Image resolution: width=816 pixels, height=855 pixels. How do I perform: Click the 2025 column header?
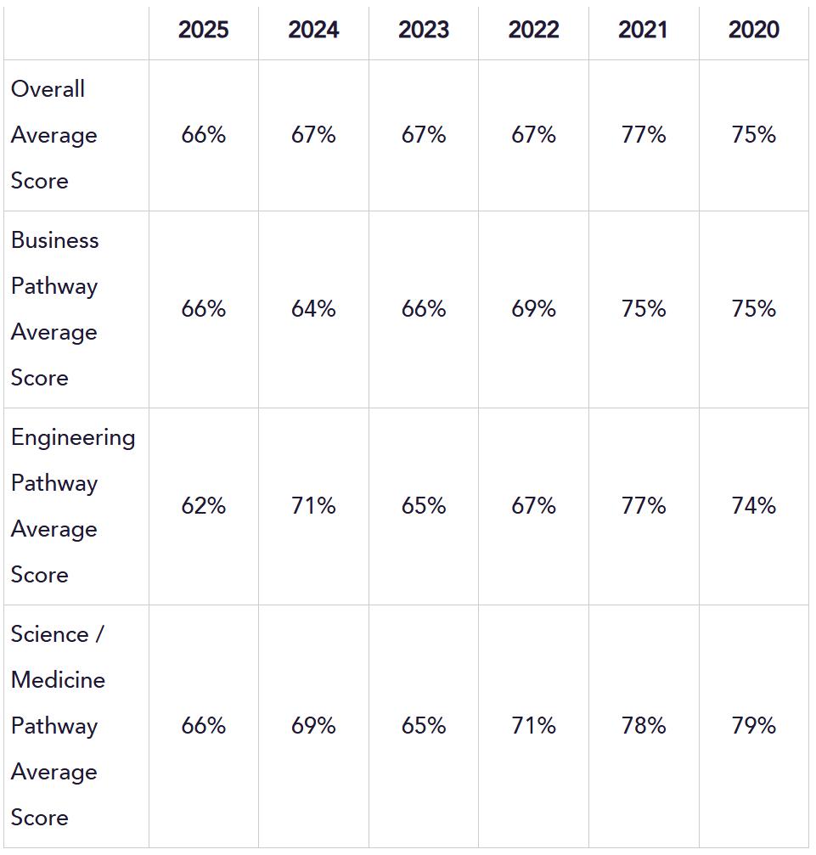[204, 30]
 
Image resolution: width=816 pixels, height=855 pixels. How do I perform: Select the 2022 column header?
[533, 30]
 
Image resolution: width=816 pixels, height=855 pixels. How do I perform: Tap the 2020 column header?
[754, 30]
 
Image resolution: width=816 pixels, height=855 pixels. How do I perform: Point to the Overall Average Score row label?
[54, 135]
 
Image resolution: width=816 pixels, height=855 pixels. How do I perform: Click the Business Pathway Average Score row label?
[54, 308]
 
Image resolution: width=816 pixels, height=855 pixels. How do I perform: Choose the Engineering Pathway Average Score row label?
[73, 505]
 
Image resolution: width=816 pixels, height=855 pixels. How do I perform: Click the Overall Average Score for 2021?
[644, 135]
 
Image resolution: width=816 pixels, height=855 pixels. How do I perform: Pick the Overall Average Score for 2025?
[204, 135]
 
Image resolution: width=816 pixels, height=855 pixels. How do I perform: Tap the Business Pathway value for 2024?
[313, 308]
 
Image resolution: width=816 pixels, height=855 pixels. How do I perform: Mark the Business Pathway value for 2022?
[533, 308]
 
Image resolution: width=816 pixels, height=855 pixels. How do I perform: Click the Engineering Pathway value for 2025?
[204, 505]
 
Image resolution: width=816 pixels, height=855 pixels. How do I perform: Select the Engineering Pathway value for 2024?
[313, 505]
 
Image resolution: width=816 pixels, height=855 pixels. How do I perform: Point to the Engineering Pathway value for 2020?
[754, 505]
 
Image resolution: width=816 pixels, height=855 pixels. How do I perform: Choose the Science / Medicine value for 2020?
[754, 725]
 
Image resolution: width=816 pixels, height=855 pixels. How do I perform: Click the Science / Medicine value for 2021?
[644, 725]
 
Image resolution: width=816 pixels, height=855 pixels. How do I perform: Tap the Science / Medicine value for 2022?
[533, 725]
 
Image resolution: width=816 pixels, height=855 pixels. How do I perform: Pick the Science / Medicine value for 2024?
[313, 725]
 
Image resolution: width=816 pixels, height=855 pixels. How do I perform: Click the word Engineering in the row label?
[73, 439]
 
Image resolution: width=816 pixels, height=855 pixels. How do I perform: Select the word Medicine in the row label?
[58, 680]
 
